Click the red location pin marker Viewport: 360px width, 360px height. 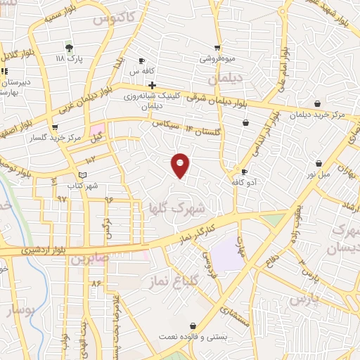tap(181, 166)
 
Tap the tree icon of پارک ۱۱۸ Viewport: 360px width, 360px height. tap(69, 47)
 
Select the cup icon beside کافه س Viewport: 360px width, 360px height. tap(142, 60)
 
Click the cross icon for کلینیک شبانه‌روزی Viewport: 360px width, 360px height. tap(152, 85)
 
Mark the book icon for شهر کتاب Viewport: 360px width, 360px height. tap(83, 175)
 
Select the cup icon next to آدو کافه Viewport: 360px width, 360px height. tap(244, 172)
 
